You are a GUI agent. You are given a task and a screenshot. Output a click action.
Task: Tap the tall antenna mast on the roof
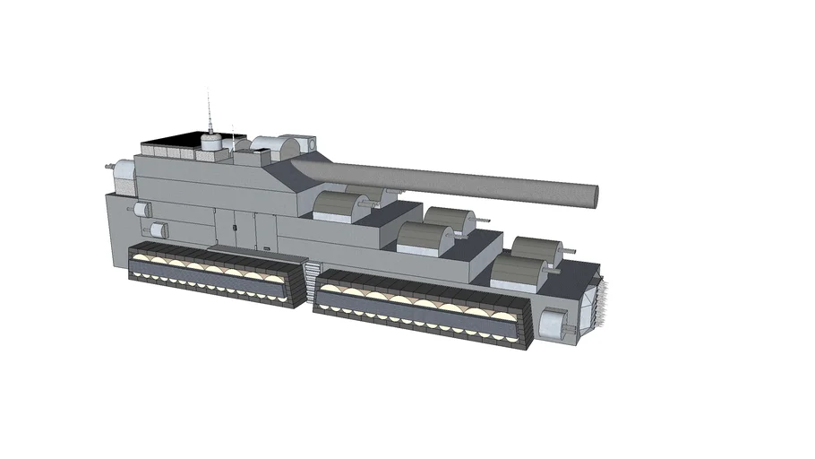[x=210, y=111]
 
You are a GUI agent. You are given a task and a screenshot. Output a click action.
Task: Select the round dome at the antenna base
[x=210, y=142]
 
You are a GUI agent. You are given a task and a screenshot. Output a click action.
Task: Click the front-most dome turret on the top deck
[x=517, y=272]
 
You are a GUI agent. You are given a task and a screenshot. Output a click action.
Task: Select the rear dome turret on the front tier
[x=538, y=251]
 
